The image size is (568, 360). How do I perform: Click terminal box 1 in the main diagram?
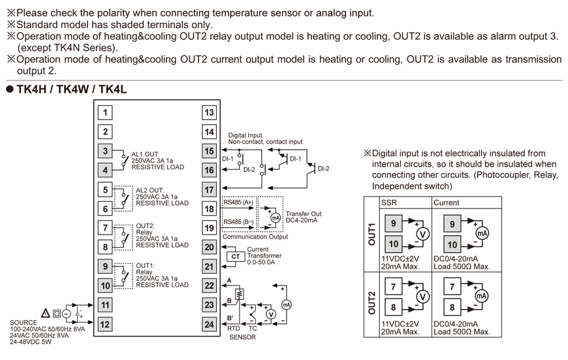tap(104, 112)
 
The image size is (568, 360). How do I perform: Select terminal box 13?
tap(209, 112)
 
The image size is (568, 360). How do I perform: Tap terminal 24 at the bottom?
tap(209, 324)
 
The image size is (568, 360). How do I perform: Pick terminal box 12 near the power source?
tap(104, 324)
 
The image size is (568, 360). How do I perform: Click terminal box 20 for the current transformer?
tap(209, 247)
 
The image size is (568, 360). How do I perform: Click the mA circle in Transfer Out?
tap(276, 217)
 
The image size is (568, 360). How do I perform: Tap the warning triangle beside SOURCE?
tap(45, 314)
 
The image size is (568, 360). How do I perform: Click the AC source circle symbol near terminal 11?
tap(66, 314)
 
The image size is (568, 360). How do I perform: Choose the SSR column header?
tap(389, 203)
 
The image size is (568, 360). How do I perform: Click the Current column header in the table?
tap(447, 203)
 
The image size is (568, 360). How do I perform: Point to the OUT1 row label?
tap(371, 235)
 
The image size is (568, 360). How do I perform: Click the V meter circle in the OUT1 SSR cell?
tap(422, 234)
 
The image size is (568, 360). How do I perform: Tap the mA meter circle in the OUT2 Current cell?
tap(482, 296)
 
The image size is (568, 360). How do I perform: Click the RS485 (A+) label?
tap(238, 203)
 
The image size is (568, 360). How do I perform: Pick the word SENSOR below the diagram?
tap(242, 337)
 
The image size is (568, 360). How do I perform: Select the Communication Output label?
tap(255, 237)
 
